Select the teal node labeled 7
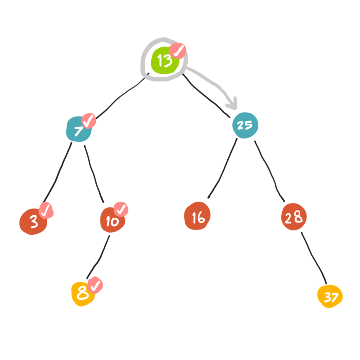78,130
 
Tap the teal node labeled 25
244,125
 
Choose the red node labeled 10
112,220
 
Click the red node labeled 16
198,217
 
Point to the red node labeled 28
294,217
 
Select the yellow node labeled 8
83,293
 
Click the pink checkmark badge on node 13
179,51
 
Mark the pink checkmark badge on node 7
89,120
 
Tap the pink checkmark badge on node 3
46,210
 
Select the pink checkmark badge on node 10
121,209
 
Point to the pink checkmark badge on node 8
95,285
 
